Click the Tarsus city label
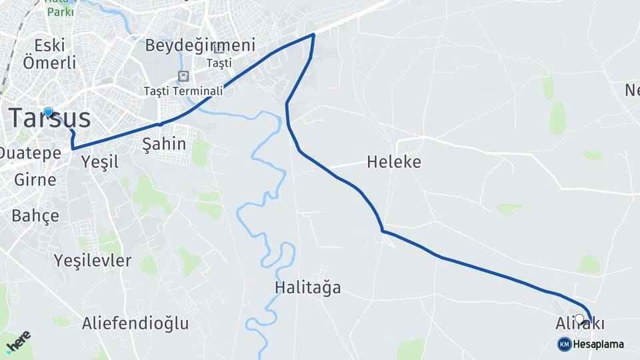point(50,119)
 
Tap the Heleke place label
point(393,162)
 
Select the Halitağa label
point(307,288)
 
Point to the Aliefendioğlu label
point(135,324)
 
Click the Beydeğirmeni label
point(200,45)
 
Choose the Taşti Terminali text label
point(183,91)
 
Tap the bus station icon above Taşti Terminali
point(183,76)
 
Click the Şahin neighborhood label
point(164,144)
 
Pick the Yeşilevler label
point(93,260)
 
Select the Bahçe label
point(35,215)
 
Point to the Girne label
point(35,179)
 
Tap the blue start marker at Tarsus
point(48,112)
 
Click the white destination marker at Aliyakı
point(579,319)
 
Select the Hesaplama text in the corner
point(599,344)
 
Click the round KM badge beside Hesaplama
point(564,344)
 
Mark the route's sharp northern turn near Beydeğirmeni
point(313,35)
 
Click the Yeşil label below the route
point(99,161)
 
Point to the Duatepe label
point(30,153)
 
